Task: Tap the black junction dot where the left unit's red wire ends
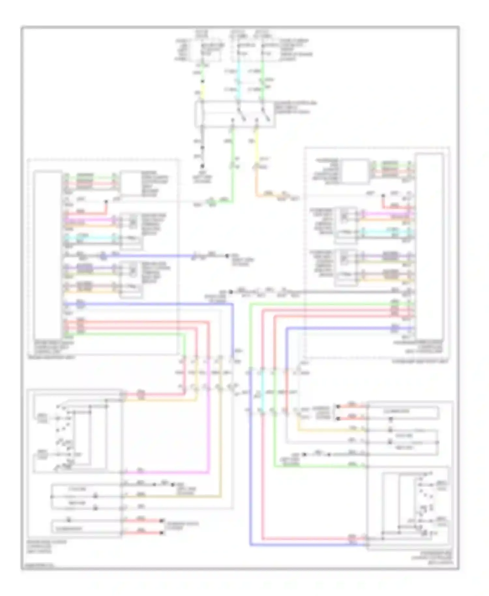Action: point(106,202)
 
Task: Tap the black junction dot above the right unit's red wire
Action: point(383,196)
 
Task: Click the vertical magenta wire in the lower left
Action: point(208,424)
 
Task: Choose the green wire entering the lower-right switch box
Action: point(319,467)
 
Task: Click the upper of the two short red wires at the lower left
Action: point(143,521)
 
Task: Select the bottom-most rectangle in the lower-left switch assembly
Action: point(86,529)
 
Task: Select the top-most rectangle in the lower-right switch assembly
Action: point(403,412)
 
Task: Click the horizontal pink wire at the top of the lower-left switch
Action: point(153,395)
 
